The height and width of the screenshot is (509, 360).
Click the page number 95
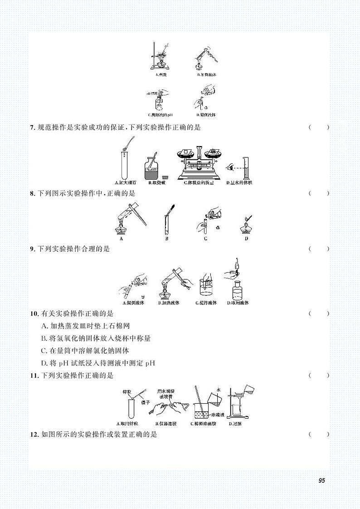321,480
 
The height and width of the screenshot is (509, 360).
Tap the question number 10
34,313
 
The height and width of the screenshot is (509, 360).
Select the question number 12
34,435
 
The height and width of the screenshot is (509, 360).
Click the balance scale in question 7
198,162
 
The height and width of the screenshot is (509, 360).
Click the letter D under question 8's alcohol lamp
246,238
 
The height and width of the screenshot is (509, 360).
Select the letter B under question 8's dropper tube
166,238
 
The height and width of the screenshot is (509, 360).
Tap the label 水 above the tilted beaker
218,389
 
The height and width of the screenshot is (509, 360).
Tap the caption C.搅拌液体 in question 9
206,303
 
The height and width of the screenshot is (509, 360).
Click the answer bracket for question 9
319,249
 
